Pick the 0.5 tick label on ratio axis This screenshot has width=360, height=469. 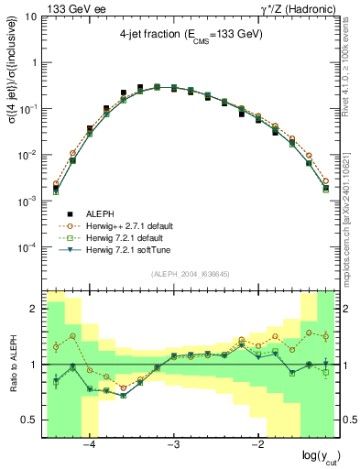[29, 420]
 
